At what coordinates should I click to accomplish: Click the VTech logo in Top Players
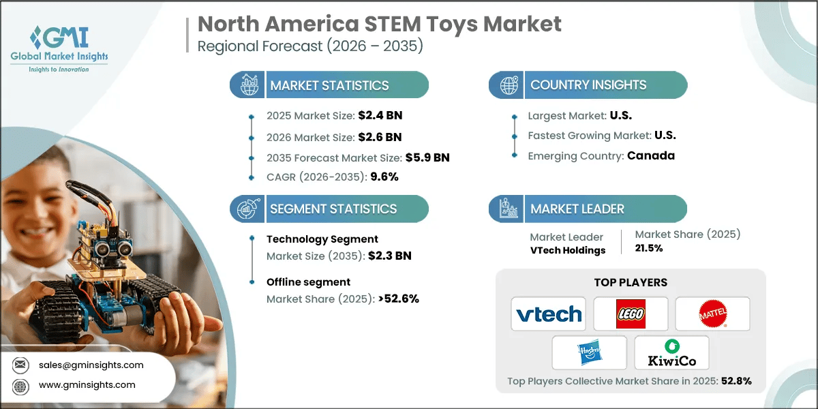[x=549, y=314]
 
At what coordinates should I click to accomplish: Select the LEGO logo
[x=631, y=314]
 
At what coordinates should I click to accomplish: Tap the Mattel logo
[x=712, y=314]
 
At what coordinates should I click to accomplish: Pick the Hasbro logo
[x=589, y=352]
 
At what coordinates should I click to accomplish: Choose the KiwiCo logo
[x=671, y=352]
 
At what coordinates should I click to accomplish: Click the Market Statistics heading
[x=329, y=85]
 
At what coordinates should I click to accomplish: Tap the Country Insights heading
[x=588, y=85]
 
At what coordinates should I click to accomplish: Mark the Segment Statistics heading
[x=333, y=209]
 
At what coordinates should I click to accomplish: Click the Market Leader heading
[x=577, y=209]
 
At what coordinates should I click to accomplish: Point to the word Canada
[x=650, y=155]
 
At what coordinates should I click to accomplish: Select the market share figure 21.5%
[x=649, y=248]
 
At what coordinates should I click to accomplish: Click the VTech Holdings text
[x=567, y=250]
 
